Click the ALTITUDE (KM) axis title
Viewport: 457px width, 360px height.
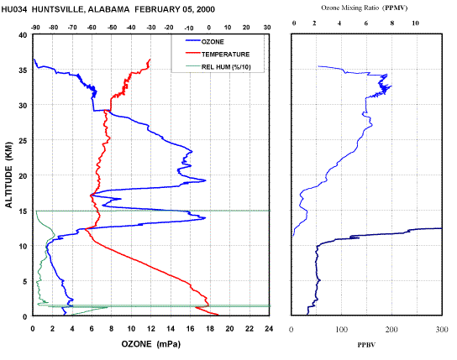coord(9,175)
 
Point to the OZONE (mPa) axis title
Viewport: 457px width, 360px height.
coord(151,344)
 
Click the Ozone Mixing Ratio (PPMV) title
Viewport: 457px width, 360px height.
coord(364,8)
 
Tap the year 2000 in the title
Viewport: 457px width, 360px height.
coord(206,9)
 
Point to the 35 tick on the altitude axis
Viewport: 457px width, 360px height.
coord(23,70)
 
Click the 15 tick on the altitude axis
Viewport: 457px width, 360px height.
coord(23,211)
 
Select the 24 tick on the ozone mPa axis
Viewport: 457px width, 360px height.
coord(269,329)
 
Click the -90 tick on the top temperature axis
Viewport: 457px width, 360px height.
coord(35,28)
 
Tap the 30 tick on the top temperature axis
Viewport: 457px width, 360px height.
coord(267,28)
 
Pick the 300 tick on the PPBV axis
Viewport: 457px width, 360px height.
coord(442,329)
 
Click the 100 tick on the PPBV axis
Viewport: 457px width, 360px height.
coord(341,329)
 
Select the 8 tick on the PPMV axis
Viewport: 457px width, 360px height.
coord(392,23)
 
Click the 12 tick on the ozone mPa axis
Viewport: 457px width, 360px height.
coord(150,329)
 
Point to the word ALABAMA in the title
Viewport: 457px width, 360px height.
coord(108,9)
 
